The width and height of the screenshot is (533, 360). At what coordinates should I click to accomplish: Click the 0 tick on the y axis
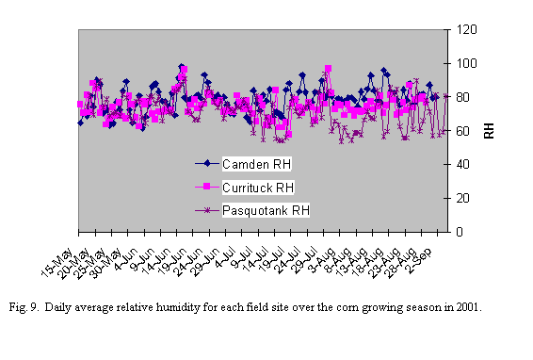pos(459,232)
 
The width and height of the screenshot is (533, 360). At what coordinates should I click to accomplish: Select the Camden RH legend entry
pos(256,165)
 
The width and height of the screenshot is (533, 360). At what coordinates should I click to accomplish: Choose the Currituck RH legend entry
pos(258,187)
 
